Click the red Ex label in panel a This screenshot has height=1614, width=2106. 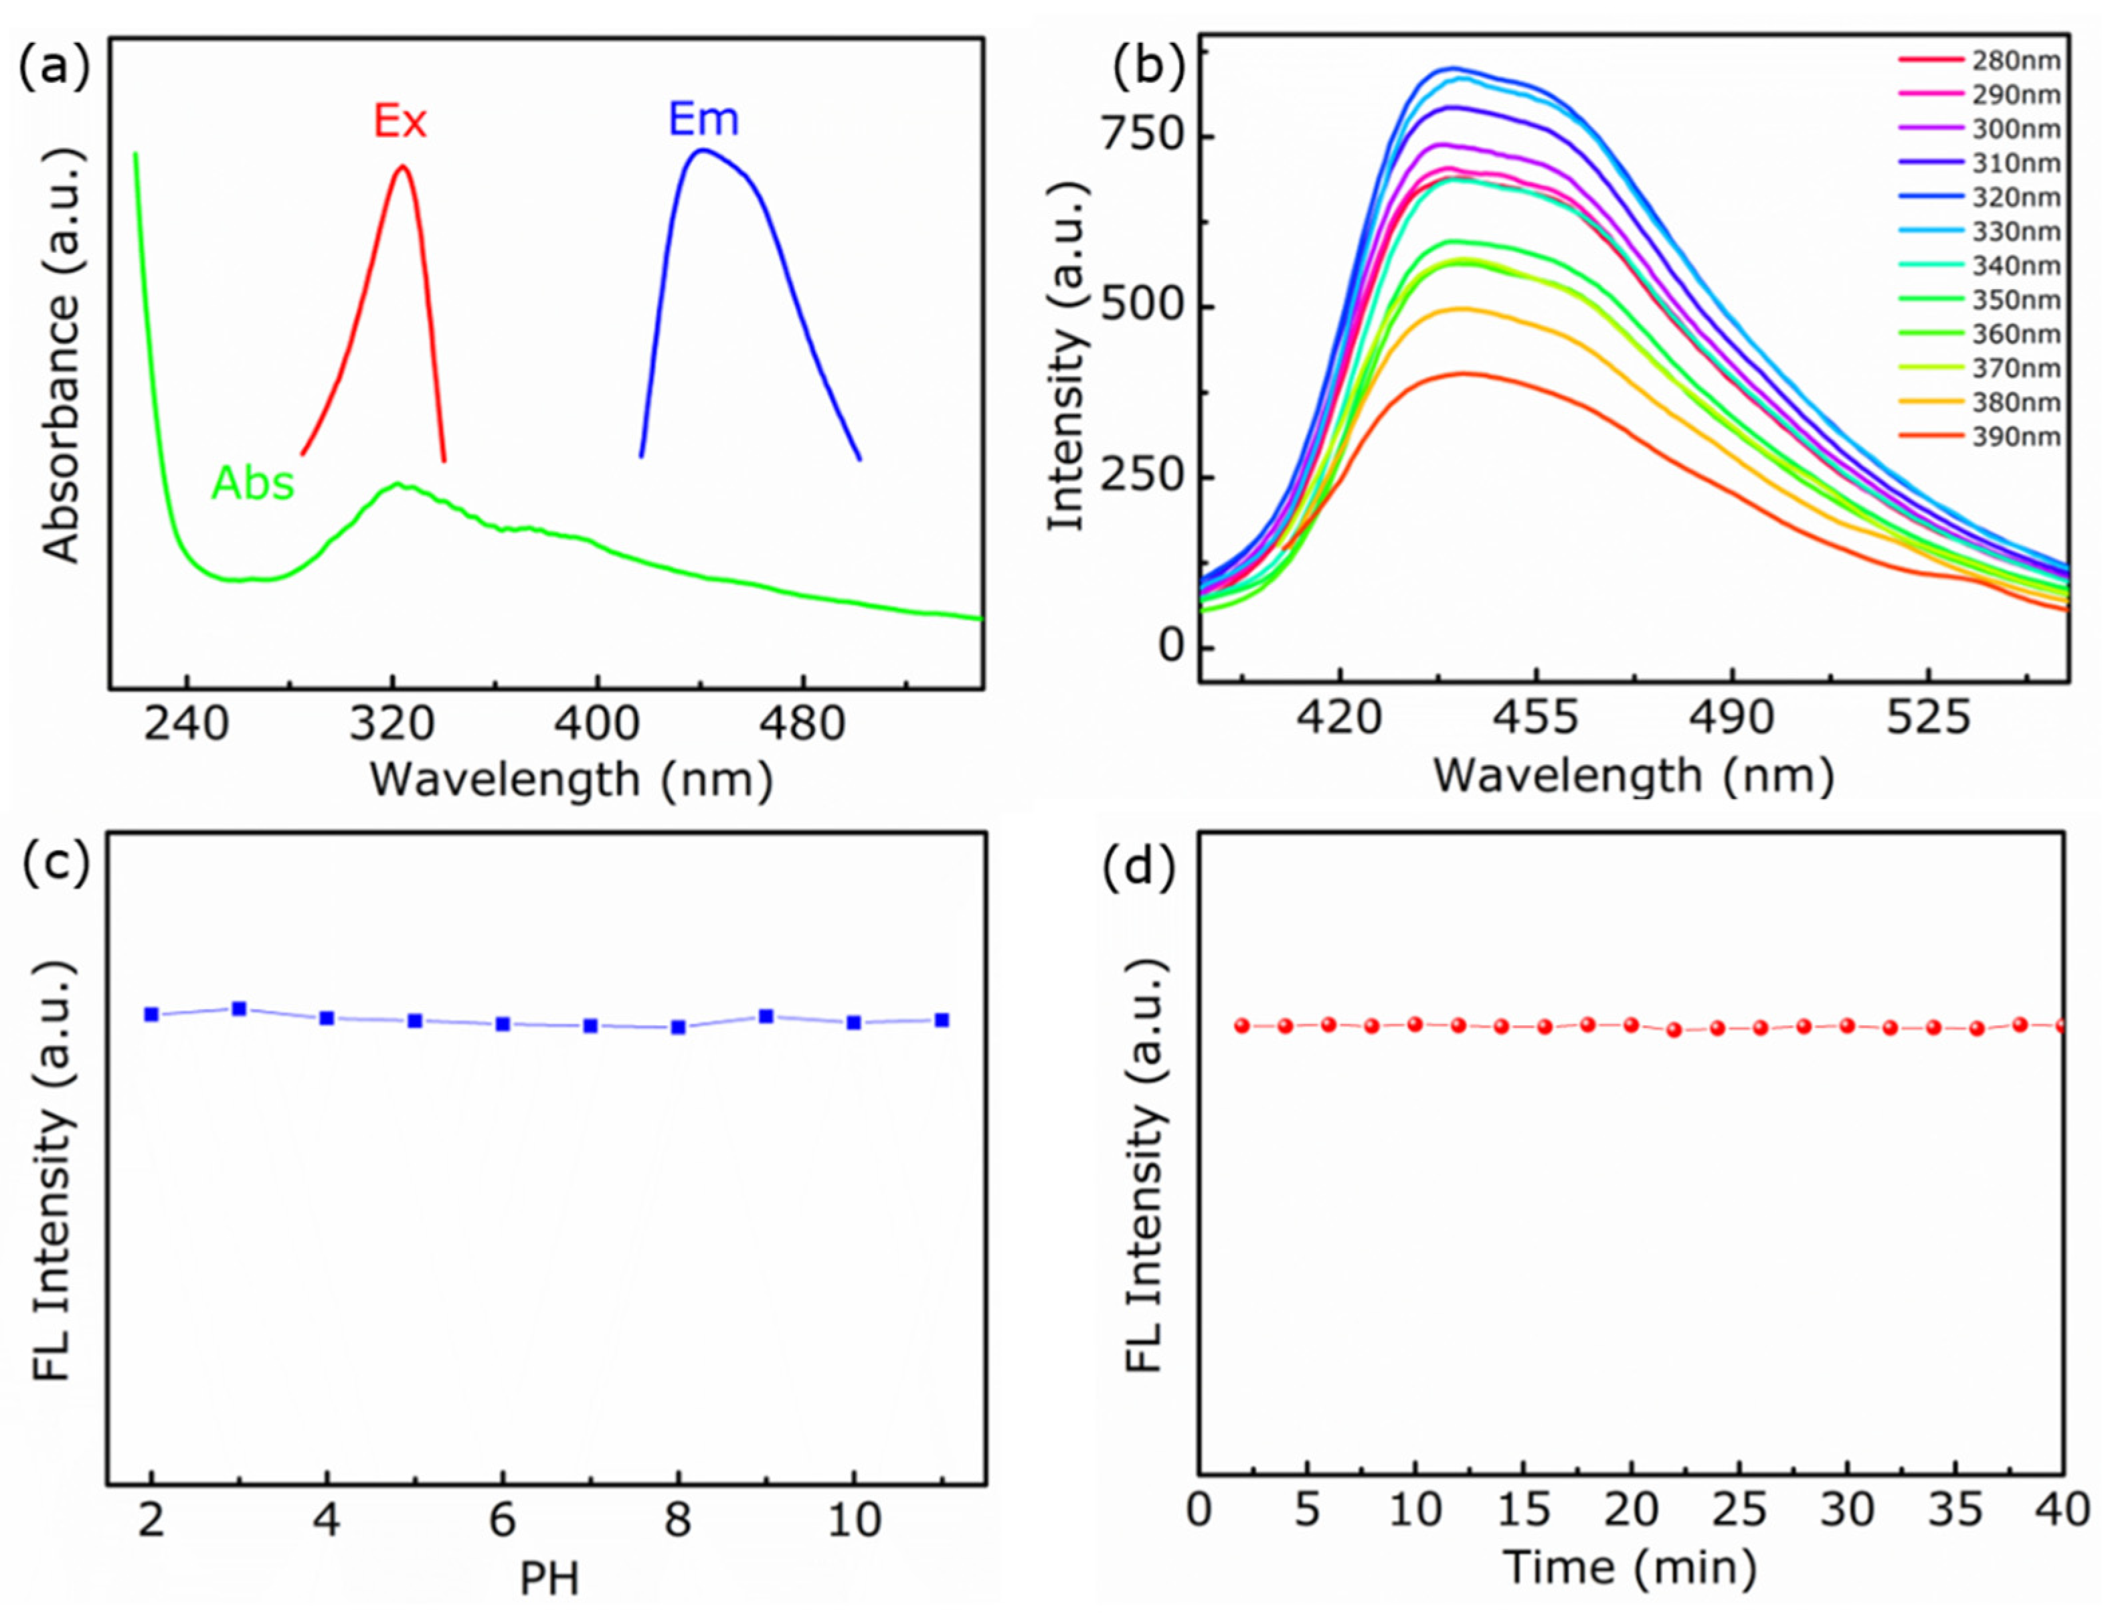point(400,122)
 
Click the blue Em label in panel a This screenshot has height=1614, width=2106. point(703,120)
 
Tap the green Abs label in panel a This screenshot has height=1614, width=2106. point(253,483)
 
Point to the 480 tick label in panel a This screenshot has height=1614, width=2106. point(802,723)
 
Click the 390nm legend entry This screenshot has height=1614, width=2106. point(1979,437)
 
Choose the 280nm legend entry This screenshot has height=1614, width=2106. point(1979,60)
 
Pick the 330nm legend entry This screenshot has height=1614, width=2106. point(1979,232)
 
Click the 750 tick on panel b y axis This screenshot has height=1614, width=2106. point(1143,135)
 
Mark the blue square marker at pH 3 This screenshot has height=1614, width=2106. point(239,1009)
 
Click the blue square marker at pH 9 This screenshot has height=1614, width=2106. point(766,1016)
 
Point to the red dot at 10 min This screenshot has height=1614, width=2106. point(1414,1025)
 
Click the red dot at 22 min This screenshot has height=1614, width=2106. point(1674,1030)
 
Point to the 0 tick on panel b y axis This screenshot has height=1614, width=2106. point(1170,646)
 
